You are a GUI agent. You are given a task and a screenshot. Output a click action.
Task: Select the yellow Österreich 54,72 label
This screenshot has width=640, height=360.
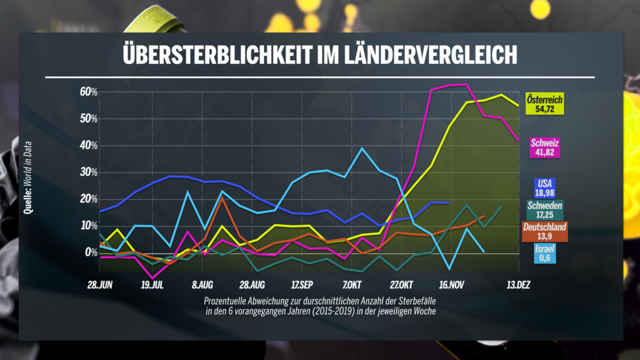click(545, 104)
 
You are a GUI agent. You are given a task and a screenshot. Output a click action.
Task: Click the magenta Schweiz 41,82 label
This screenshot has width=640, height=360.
click(545, 147)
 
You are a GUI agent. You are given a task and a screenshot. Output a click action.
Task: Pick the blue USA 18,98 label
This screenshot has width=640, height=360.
click(545, 188)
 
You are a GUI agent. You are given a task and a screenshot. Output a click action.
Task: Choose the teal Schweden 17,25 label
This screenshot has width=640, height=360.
click(545, 211)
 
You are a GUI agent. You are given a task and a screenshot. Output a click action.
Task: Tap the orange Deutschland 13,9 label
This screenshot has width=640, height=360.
click(544, 233)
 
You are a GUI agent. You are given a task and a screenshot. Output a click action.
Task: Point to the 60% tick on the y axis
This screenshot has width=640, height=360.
click(89, 92)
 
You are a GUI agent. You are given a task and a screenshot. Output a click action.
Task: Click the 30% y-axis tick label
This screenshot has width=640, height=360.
click(89, 172)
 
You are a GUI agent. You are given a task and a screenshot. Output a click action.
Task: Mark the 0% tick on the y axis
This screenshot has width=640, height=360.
click(91, 253)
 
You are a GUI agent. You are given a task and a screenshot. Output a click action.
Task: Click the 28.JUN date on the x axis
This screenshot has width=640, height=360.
click(100, 285)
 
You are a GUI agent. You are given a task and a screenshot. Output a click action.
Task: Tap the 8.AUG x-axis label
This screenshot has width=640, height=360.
click(203, 285)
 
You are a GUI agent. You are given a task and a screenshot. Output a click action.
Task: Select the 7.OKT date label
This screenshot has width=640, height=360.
click(353, 285)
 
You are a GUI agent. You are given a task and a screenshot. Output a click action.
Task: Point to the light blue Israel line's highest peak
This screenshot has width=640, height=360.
click(362, 148)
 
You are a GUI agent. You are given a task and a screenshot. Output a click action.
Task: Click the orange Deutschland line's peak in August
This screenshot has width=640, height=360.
click(221, 197)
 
